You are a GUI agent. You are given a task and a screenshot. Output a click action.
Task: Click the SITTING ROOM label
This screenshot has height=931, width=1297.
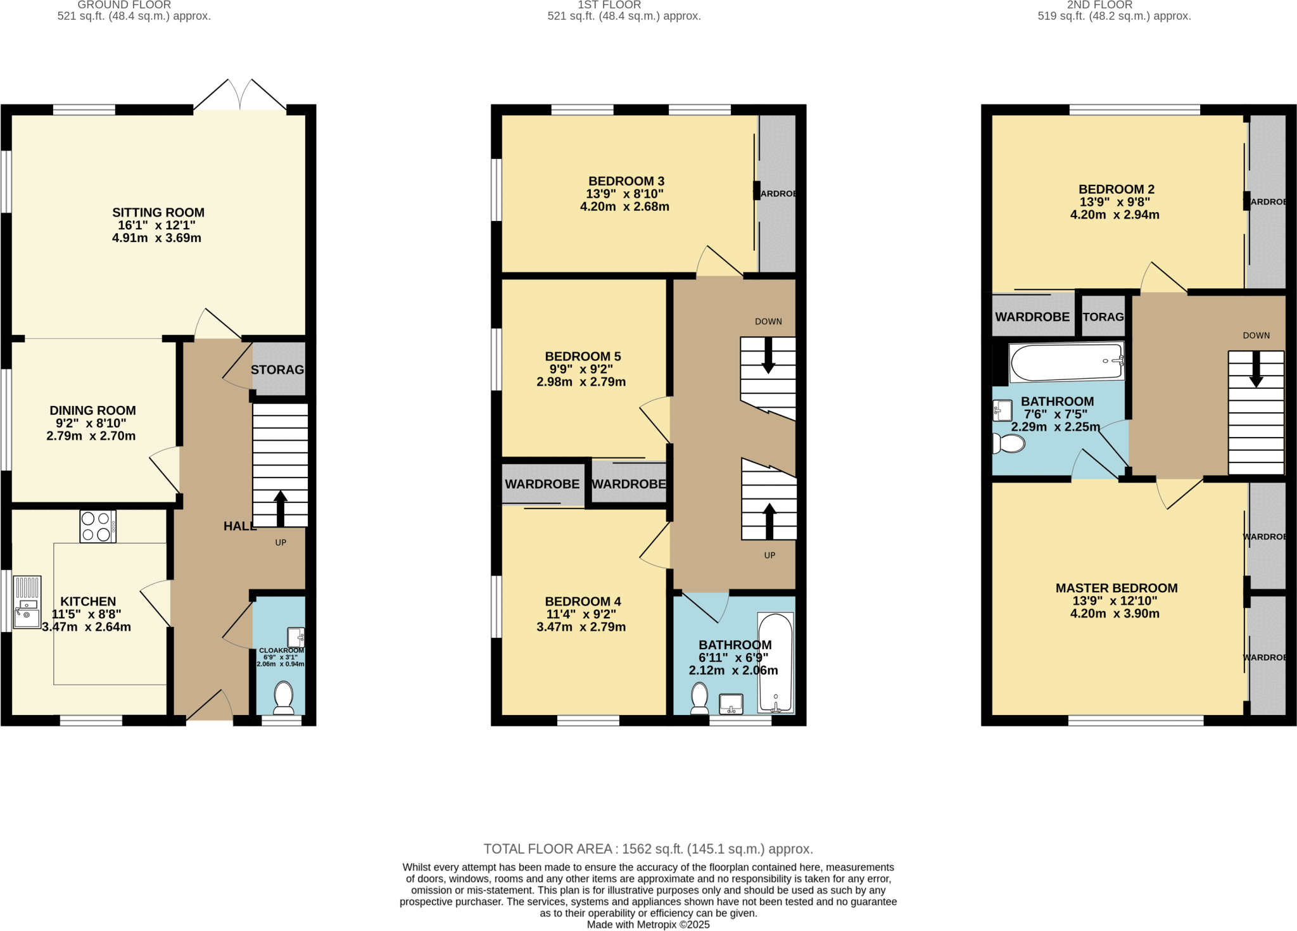click(x=158, y=213)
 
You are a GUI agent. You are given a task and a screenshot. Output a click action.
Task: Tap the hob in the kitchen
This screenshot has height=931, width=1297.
click(x=98, y=526)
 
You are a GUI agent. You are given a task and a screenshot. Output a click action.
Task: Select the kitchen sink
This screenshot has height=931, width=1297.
click(x=27, y=602)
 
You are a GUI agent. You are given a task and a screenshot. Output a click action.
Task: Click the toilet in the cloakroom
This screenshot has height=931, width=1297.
click(x=284, y=697)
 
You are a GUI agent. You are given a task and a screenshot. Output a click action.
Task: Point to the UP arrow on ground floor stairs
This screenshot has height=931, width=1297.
click(x=281, y=507)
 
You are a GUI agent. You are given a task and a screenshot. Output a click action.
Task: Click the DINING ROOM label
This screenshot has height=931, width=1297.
click(x=92, y=410)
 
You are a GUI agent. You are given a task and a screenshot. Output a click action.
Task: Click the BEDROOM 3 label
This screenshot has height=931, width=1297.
click(x=626, y=181)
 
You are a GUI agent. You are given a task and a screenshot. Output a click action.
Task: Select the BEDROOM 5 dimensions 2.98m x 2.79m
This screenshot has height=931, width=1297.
click(x=581, y=382)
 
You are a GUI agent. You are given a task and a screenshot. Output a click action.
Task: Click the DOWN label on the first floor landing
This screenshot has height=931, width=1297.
click(x=768, y=322)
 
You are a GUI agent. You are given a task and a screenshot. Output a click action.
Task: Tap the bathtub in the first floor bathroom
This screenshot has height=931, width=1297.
click(x=776, y=662)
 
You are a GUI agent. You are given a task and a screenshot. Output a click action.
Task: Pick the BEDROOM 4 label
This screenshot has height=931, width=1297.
click(x=583, y=602)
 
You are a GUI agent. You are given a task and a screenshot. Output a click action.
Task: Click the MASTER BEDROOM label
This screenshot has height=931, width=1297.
click(x=1116, y=588)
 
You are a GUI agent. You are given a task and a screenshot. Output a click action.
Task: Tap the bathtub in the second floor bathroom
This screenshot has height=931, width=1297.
click(x=1066, y=362)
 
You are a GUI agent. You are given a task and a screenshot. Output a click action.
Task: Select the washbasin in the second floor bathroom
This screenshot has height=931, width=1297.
click(x=1002, y=410)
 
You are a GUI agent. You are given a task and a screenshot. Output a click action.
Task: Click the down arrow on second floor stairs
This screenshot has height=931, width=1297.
click(x=1256, y=370)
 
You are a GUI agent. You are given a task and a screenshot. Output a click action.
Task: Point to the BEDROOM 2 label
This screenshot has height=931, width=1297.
click(x=1116, y=189)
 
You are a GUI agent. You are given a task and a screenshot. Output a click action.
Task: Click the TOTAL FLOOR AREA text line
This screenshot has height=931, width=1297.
click(x=648, y=849)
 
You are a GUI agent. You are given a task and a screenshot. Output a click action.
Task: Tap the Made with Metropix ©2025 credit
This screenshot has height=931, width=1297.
click(x=648, y=925)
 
